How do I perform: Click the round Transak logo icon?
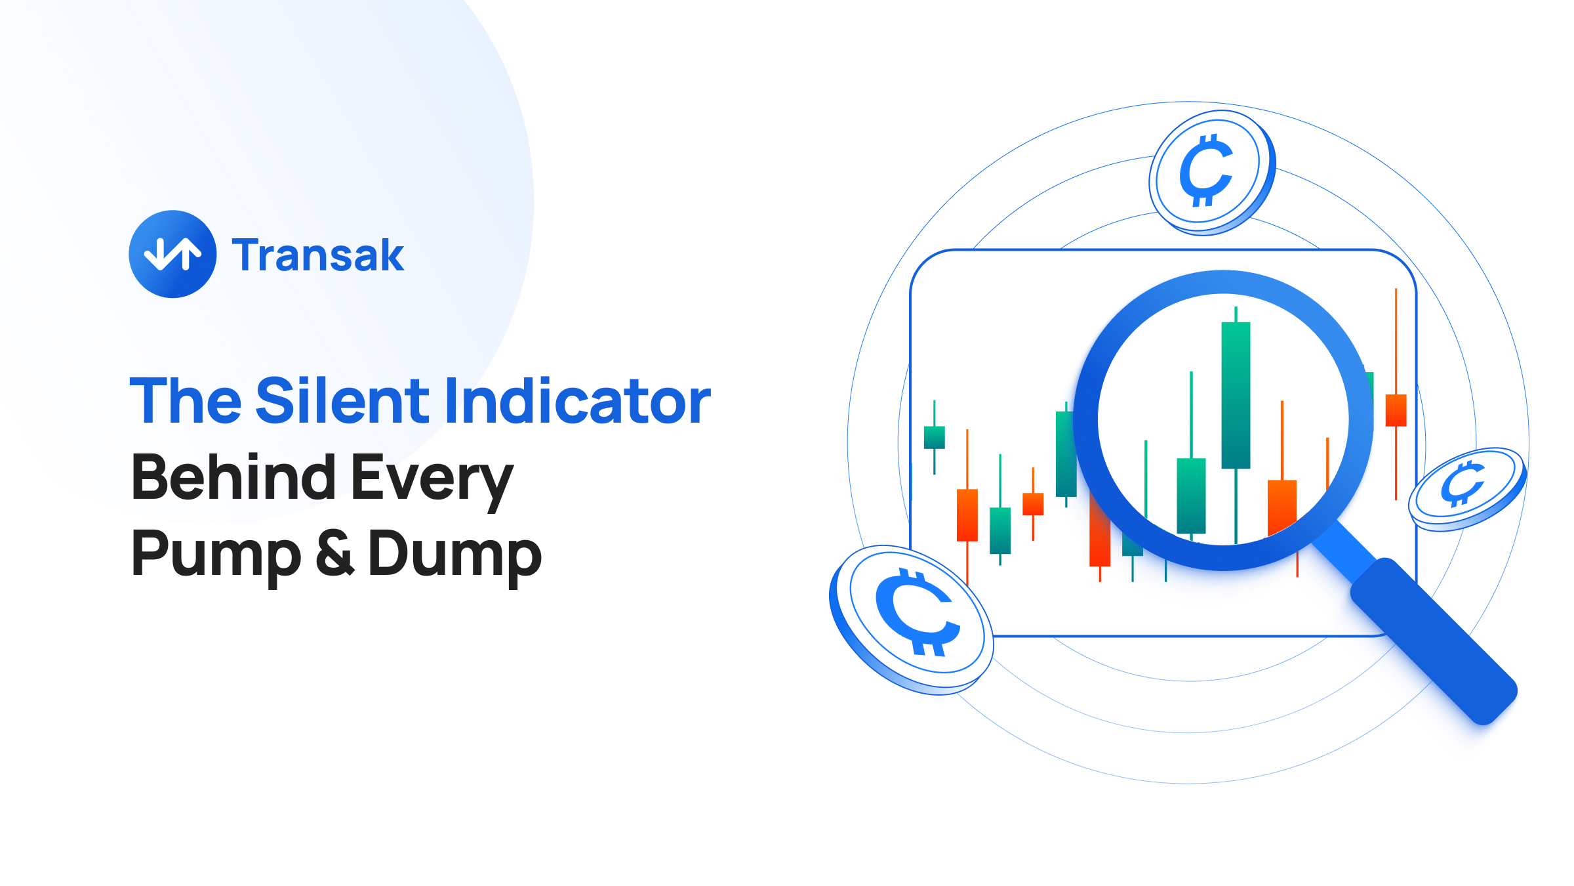[x=172, y=254]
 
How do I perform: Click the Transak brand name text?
[x=318, y=255]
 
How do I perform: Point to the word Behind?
[x=233, y=477]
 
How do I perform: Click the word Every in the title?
[x=432, y=479]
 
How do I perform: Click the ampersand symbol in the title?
[x=334, y=553]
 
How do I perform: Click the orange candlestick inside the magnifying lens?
[x=1281, y=507]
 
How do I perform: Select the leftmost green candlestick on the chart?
[x=934, y=437]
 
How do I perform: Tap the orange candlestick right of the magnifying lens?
[x=1396, y=410]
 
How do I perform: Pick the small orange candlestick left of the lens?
[x=1033, y=504]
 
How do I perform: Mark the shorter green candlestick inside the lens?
[x=1191, y=496]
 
